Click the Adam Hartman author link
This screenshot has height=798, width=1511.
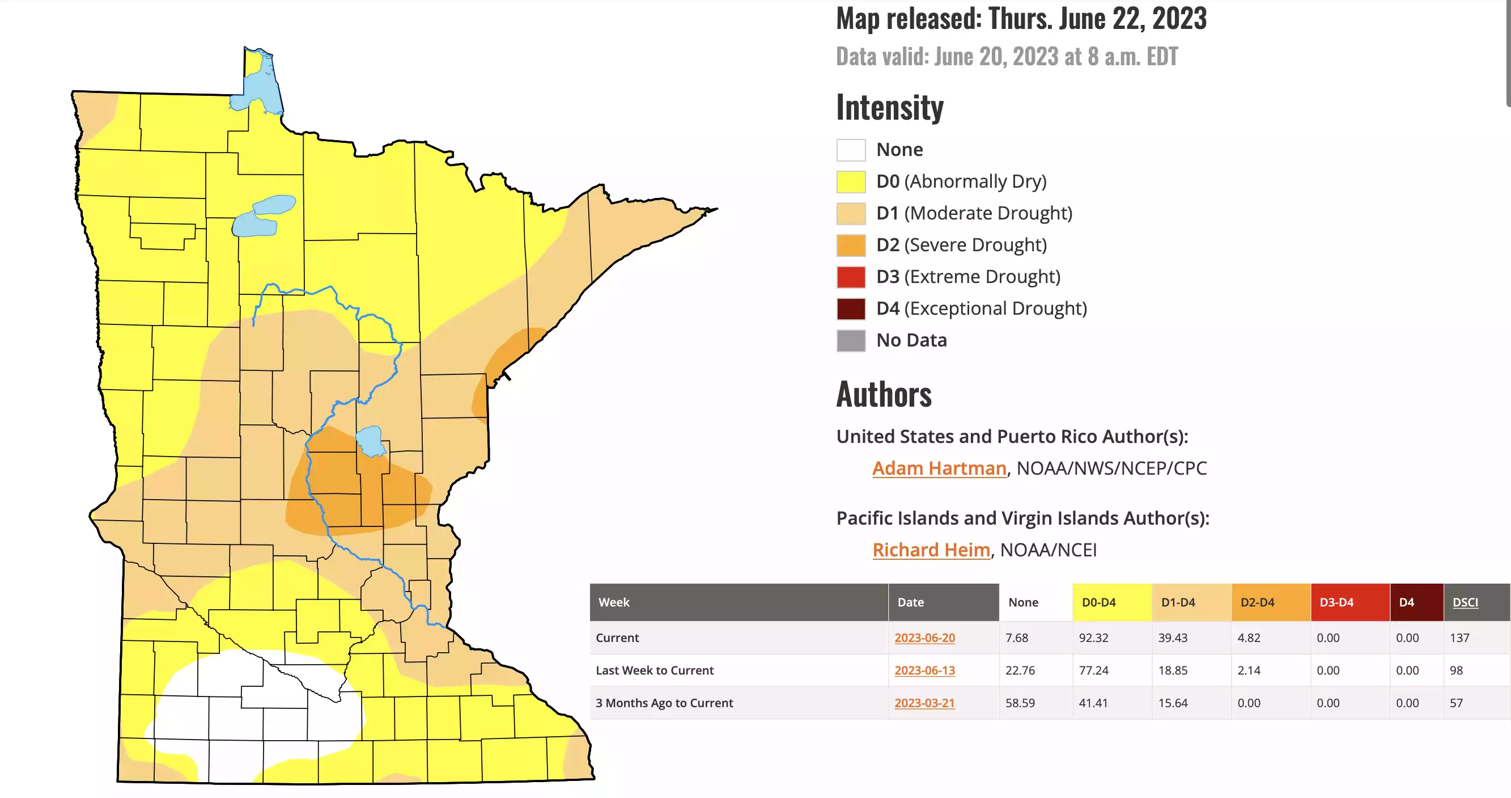939,468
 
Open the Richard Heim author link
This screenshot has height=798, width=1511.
931,550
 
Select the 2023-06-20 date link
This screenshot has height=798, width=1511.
924,638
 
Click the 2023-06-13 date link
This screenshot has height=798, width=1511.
924,670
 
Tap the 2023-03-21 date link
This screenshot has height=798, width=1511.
924,703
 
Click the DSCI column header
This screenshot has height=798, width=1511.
1465,602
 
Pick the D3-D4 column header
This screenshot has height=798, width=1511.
1336,602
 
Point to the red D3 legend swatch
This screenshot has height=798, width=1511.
851,277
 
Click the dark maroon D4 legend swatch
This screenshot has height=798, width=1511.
851,309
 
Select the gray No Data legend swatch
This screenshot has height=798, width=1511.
851,340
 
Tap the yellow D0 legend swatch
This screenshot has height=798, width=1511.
851,182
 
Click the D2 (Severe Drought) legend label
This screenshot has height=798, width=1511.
961,244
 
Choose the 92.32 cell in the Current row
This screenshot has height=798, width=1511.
1093,638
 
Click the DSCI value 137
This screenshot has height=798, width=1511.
1459,638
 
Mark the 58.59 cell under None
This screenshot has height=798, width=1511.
1020,703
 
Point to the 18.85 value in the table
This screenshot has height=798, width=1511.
1173,670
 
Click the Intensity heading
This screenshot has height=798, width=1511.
889,107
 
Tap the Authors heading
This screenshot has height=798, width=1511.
884,394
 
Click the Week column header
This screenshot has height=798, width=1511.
614,602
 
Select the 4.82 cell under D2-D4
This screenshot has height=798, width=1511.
1249,638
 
